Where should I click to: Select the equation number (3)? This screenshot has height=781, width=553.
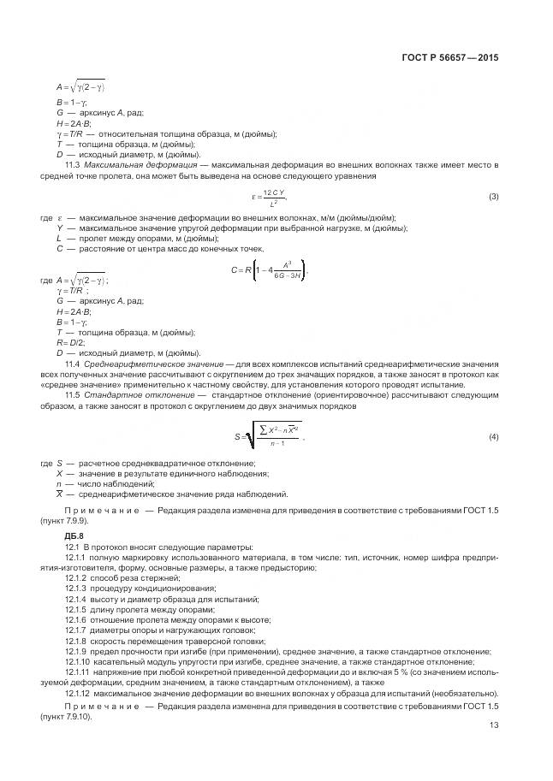[493, 197]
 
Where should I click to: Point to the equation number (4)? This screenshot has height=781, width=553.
[493, 437]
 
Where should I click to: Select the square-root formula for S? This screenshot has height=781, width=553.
[268, 436]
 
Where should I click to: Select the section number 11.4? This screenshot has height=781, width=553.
[73, 364]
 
